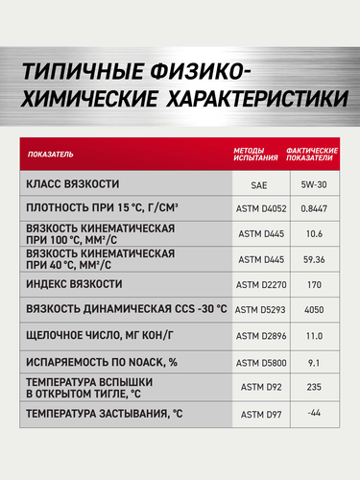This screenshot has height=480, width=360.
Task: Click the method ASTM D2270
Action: point(257,284)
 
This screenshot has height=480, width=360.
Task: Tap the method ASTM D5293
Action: point(257,310)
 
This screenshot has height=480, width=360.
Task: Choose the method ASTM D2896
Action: point(257,336)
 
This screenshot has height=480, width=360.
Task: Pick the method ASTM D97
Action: point(257,414)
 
